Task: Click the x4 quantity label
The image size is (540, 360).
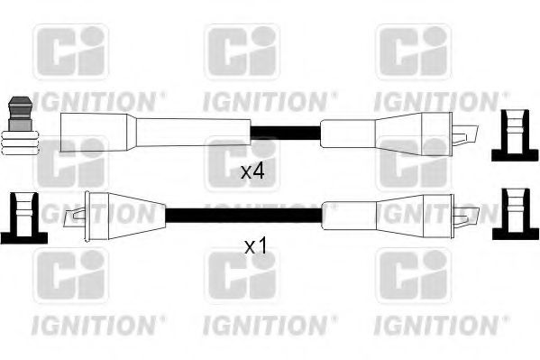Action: [x=252, y=171]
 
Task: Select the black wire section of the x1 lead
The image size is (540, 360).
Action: [x=243, y=213]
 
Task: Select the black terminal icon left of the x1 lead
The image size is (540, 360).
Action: [x=23, y=217]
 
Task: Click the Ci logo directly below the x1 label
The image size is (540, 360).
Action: [x=242, y=275]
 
